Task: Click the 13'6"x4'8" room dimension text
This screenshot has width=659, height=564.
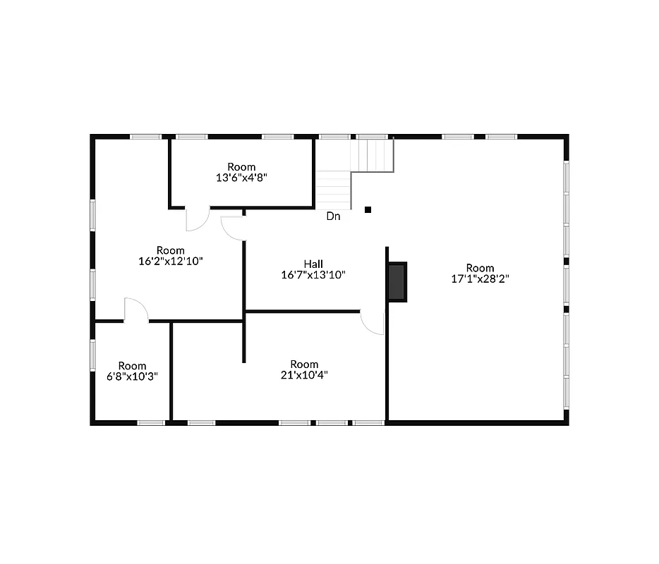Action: [x=241, y=178]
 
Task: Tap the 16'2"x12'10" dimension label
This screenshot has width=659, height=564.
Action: [x=171, y=261]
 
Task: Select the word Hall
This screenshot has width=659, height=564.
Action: [x=313, y=264]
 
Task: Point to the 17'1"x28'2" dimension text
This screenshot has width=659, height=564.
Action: [x=480, y=278]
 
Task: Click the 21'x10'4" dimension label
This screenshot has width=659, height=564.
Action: [x=303, y=376]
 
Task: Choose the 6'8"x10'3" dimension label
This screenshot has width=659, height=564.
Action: [x=132, y=376]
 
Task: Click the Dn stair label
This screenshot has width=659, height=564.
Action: [x=333, y=216]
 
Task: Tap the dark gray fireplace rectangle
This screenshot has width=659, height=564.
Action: [x=397, y=282]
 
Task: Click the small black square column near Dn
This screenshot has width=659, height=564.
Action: [x=368, y=209]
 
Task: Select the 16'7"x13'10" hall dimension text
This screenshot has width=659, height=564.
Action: [x=313, y=275]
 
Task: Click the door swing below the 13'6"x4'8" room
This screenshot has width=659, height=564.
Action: [x=197, y=219]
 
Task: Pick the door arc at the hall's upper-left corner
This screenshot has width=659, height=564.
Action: [x=232, y=228]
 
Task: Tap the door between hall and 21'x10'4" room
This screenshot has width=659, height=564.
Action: [x=373, y=322]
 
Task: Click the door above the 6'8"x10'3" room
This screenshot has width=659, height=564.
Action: [x=135, y=311]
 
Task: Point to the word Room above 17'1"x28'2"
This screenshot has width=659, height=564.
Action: [x=480, y=268]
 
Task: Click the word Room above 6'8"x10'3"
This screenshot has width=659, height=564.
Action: [x=132, y=366]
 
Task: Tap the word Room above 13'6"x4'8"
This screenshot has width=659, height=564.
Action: [x=241, y=167]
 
